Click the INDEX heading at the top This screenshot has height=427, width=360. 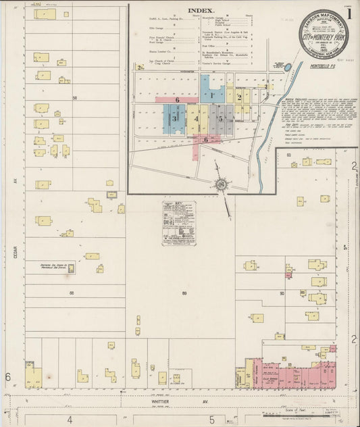coord(201,11)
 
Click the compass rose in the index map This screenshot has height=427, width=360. coord(221,182)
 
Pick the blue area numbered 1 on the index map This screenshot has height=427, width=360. coord(212,95)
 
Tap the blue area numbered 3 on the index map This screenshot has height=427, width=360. coord(174,119)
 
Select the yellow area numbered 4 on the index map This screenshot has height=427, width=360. coord(197,120)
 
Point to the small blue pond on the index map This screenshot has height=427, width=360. coord(290,68)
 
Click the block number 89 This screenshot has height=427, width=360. coord(184,293)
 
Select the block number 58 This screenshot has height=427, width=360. coord(75,98)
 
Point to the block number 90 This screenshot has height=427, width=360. coord(282,294)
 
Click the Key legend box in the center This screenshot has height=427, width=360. coord(179,222)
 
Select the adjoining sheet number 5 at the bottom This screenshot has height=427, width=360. coord(212,419)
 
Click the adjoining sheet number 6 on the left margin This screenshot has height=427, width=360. coord(8,376)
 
